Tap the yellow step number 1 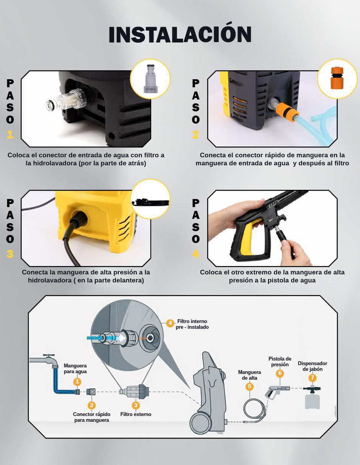(x=10, y=135)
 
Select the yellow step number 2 (x=196, y=135)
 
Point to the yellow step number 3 (x=10, y=254)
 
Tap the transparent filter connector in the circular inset (x=151, y=78)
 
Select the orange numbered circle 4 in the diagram (x=170, y=323)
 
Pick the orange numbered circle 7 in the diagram (x=313, y=378)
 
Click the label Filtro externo (x=136, y=414)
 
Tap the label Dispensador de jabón (x=313, y=366)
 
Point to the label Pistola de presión (x=280, y=361)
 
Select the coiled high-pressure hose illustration (x=255, y=410)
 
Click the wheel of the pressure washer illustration (x=201, y=422)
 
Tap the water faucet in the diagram (x=44, y=361)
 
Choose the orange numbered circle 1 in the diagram (x=77, y=382)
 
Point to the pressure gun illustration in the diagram (x=277, y=392)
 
